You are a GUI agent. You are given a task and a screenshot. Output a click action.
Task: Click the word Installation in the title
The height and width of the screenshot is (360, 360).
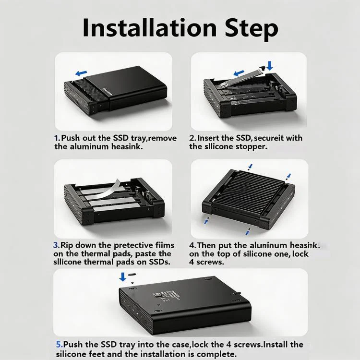coord(149,27)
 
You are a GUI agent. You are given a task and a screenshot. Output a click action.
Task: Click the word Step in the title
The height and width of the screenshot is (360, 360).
coord(252,29)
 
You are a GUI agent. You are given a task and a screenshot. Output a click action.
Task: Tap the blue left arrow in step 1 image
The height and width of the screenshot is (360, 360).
coord(81,73)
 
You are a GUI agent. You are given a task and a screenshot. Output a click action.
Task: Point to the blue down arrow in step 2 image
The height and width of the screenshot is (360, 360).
coord(270,65)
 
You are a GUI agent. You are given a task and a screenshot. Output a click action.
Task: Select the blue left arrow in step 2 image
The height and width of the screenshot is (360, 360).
coord(239,73)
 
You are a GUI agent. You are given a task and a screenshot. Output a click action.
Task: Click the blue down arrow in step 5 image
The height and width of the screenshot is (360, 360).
coord(123,276)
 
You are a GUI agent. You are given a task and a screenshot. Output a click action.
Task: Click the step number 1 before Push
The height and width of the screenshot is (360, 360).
coord(57,138)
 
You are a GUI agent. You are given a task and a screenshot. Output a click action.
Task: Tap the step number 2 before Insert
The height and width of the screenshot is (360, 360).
coord(192,138)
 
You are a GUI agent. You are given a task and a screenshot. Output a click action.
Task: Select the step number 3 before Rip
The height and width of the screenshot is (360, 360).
coord(56,245)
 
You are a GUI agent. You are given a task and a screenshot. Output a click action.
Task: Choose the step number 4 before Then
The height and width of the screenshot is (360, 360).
coord(192,245)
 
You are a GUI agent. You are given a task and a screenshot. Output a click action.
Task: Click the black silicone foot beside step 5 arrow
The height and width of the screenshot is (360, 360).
coord(132,274)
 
